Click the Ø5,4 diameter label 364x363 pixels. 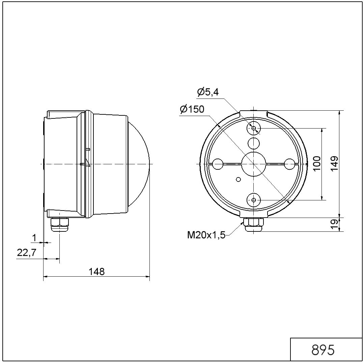point(208,92)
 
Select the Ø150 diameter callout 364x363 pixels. point(192,109)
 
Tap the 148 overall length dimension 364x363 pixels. point(96,271)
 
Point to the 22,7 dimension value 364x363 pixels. point(27,253)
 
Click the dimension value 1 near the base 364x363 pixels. point(34,238)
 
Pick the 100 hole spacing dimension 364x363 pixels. point(317,163)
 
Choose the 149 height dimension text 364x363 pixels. point(334,163)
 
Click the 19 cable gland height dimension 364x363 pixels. point(334,224)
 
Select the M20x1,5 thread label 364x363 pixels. point(206,235)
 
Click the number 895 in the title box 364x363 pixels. point(323,350)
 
